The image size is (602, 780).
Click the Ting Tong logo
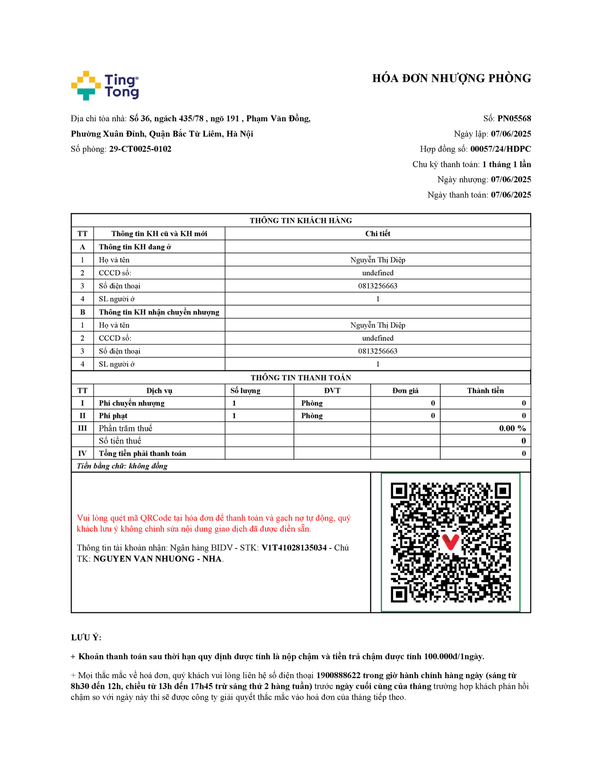point(105,86)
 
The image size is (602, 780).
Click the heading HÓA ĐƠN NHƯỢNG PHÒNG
point(451,78)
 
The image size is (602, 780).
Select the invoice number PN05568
point(514,118)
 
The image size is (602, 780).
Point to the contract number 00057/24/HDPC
point(500,149)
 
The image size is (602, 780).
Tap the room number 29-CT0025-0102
point(140,149)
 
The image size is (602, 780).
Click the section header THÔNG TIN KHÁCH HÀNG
point(301,221)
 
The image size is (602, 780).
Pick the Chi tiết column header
point(377,234)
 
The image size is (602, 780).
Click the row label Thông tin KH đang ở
point(135,247)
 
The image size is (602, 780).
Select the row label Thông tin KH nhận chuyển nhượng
point(159,312)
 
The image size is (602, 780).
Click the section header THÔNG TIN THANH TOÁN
point(301,378)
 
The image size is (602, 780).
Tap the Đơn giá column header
point(405,390)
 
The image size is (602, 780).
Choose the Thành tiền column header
point(485,390)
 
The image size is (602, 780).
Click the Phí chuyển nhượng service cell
point(132,403)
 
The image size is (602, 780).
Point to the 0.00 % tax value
point(512,429)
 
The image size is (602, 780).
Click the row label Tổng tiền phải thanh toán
point(142,454)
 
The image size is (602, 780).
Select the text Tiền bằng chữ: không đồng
point(122,467)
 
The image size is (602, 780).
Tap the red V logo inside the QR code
point(450,542)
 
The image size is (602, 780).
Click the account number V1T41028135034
point(294,548)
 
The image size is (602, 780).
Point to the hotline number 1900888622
point(338,676)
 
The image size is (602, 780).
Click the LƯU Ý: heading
point(86,638)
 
